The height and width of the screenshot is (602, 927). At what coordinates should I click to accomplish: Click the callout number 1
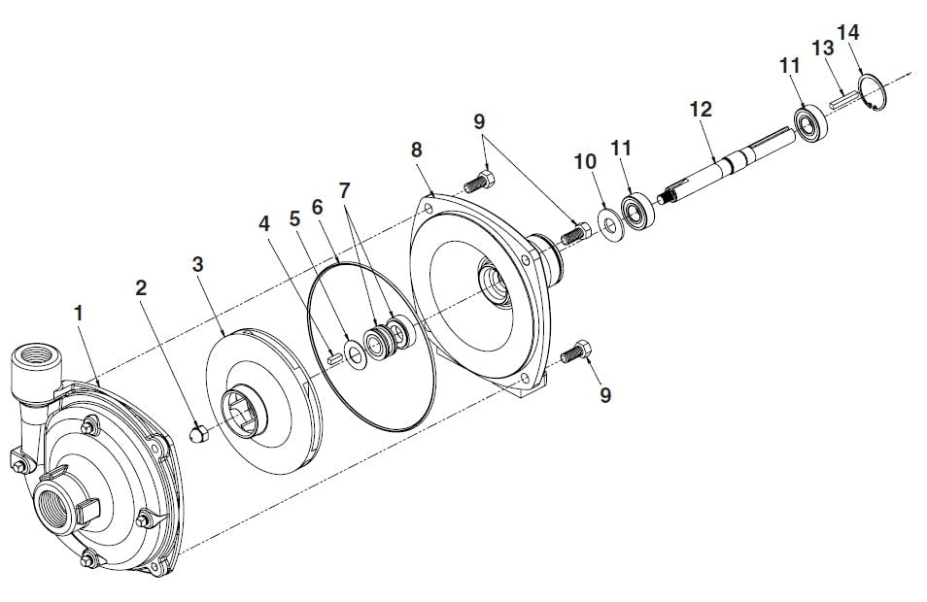(79, 313)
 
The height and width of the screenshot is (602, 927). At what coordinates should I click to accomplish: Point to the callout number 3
(197, 264)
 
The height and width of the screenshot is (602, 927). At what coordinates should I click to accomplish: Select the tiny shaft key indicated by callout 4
(334, 357)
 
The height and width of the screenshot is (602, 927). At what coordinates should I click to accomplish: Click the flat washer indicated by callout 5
(355, 354)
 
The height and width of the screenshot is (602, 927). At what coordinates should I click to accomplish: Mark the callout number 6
(318, 208)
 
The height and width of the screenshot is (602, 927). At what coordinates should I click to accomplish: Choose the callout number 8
(417, 150)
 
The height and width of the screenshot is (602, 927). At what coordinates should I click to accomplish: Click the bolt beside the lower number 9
(575, 352)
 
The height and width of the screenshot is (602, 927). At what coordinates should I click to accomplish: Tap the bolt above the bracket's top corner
(479, 181)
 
